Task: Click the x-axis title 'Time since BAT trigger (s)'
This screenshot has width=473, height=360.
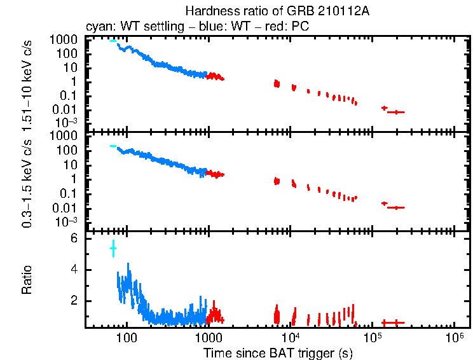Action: tap(278, 352)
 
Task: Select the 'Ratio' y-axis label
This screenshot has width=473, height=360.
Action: tap(27, 280)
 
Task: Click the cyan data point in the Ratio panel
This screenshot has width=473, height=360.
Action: tap(113, 247)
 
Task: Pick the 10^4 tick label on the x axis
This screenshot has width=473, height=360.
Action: tap(291, 335)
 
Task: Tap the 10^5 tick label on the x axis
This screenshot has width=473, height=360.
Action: tap(373, 335)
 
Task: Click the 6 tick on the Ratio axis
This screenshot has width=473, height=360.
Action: tap(74, 239)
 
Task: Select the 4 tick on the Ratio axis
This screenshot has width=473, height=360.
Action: tap(74, 270)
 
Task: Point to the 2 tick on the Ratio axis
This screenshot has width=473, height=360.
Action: tap(74, 300)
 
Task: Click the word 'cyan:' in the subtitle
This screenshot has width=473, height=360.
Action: tap(99, 27)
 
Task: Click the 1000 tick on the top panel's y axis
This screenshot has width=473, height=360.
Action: tap(66, 40)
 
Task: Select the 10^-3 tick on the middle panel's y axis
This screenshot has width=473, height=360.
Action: tap(66, 222)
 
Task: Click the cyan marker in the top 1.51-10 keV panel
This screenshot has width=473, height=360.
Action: tap(113, 41)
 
